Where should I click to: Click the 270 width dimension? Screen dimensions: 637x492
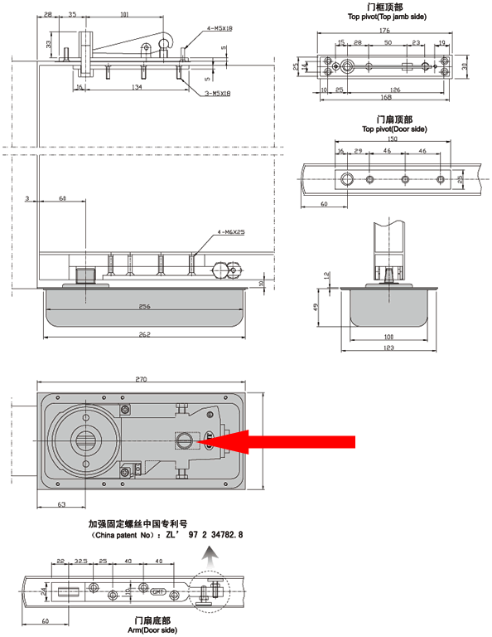[x=142, y=380]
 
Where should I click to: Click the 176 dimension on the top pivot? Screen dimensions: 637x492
[x=383, y=31]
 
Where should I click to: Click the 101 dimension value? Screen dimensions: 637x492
[x=124, y=14]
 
